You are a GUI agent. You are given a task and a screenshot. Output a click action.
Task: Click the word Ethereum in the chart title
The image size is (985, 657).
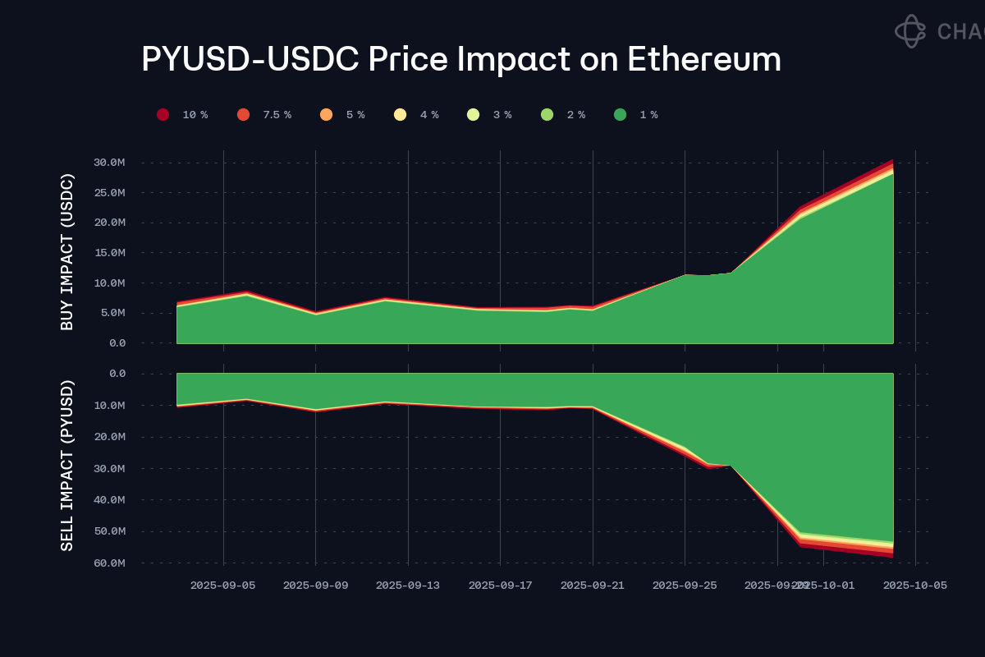point(704,60)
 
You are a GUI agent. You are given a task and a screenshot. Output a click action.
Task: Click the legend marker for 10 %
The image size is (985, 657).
point(163,115)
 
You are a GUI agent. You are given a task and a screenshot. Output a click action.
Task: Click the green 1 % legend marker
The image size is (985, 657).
point(620,115)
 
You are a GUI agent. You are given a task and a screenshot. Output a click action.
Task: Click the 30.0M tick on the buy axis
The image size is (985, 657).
point(108,163)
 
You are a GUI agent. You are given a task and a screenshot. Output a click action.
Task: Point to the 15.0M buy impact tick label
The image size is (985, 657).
point(108,253)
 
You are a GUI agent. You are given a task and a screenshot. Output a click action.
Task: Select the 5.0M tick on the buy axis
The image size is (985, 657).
point(112,313)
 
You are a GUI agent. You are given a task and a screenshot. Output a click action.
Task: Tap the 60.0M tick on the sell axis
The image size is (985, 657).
point(108,563)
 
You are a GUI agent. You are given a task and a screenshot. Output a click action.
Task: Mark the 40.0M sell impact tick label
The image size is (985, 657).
point(108,500)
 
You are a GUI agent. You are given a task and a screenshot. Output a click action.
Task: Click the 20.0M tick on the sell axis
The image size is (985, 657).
point(108,437)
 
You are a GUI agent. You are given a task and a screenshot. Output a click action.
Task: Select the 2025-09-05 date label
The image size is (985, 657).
point(223,586)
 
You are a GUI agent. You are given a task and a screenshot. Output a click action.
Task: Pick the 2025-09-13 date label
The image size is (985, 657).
point(408,586)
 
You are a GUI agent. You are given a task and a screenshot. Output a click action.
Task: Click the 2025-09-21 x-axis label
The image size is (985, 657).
point(593,586)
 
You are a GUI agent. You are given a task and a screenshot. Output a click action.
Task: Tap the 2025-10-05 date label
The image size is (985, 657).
point(915,586)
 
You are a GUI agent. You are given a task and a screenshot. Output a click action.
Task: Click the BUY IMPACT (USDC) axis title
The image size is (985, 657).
point(67,252)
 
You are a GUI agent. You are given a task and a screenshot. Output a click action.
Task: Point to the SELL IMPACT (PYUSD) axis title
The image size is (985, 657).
point(67,466)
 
